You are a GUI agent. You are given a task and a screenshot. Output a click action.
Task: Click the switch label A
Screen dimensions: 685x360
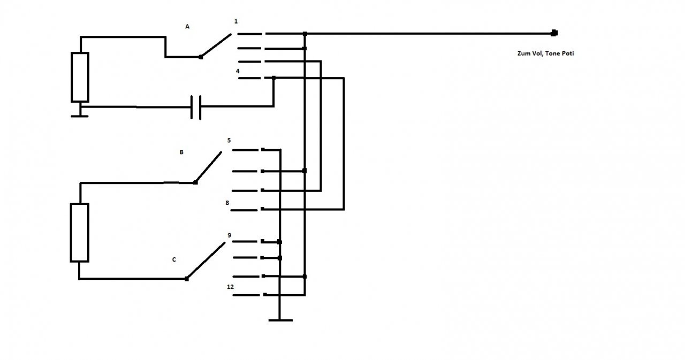point(187,27)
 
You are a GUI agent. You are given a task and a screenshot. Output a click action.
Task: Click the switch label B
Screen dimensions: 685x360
point(181,152)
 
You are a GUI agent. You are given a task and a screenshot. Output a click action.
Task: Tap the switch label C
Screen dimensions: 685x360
point(174,260)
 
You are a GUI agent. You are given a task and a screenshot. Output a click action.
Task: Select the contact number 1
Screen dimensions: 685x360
point(236,21)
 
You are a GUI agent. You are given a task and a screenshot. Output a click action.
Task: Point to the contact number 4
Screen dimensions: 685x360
point(238,71)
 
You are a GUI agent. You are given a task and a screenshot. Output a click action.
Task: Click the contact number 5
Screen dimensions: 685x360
point(229,141)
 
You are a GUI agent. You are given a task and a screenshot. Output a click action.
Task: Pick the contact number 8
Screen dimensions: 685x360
point(227,203)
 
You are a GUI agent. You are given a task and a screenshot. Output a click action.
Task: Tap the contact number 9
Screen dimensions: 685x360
point(230,235)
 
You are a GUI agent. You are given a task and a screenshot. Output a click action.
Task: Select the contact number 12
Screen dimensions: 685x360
point(230,287)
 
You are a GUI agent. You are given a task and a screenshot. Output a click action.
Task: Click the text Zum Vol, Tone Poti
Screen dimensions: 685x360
point(545,53)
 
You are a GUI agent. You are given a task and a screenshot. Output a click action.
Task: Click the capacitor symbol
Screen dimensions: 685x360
point(196,108)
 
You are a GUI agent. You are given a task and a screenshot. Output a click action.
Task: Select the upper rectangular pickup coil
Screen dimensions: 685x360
point(80,77)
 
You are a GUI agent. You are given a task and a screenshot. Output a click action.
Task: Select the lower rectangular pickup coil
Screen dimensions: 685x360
point(80,233)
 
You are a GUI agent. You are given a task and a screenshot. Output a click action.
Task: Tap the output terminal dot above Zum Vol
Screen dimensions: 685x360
point(554,33)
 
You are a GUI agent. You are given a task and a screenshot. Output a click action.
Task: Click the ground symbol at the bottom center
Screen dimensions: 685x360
point(280,320)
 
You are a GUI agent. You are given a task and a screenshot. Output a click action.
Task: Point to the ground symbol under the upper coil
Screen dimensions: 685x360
point(80,116)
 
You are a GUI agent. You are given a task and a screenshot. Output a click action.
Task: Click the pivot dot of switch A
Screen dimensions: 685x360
point(201,57)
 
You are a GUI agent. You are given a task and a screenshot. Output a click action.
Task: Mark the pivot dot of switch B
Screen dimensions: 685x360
point(195,183)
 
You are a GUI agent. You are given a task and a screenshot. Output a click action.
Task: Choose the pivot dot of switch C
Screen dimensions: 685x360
point(187,279)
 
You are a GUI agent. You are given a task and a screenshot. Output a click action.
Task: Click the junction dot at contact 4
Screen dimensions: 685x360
point(273,78)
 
